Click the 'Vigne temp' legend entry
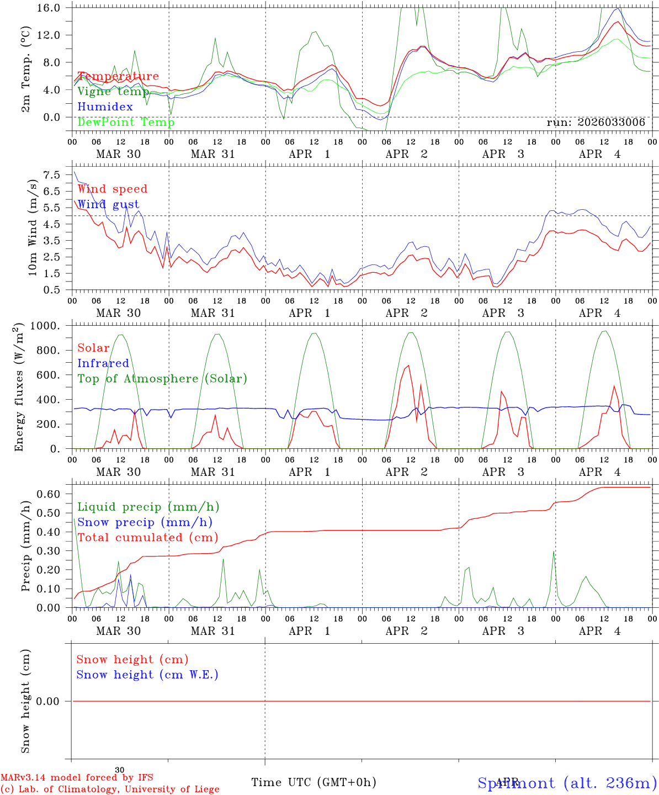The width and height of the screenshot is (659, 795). (113, 92)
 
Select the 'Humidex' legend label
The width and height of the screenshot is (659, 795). (105, 107)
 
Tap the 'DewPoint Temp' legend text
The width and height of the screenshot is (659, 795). (126, 122)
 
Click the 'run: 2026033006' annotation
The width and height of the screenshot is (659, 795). (596, 123)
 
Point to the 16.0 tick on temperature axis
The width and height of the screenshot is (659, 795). (49, 8)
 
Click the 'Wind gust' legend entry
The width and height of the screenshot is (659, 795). (108, 204)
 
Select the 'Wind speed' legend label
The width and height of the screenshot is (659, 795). (113, 189)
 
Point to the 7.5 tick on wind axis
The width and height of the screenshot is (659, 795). (51, 175)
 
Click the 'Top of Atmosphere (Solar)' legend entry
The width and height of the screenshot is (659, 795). (162, 379)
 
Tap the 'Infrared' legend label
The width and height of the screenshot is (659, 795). (103, 363)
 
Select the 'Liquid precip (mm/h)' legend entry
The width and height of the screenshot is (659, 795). (148, 507)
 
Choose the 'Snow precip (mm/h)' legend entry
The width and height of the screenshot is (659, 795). (145, 522)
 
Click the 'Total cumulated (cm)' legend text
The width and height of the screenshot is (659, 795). (147, 538)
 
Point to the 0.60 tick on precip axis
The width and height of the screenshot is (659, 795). (49, 494)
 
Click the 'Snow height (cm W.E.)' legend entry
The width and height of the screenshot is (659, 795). (147, 675)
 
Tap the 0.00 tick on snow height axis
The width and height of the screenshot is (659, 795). (49, 701)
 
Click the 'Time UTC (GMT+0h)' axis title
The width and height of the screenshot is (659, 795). (313, 782)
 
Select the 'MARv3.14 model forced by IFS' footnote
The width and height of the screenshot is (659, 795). (77, 778)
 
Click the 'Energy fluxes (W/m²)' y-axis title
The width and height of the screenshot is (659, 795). (20, 387)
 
